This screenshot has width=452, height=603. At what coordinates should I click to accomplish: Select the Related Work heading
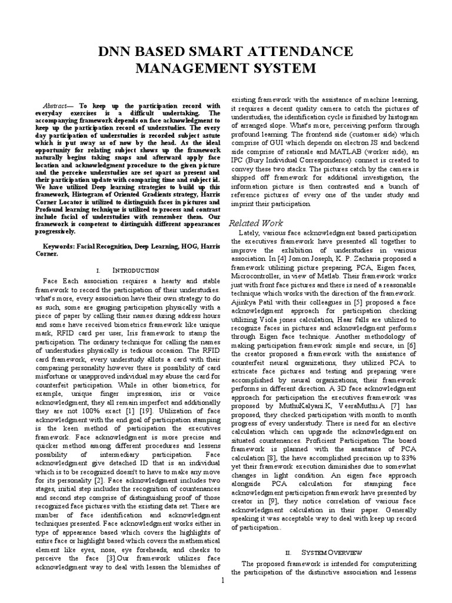pyautogui.click(x=255, y=223)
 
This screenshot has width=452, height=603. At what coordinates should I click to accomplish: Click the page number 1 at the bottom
pyautogui.click(x=224, y=581)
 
